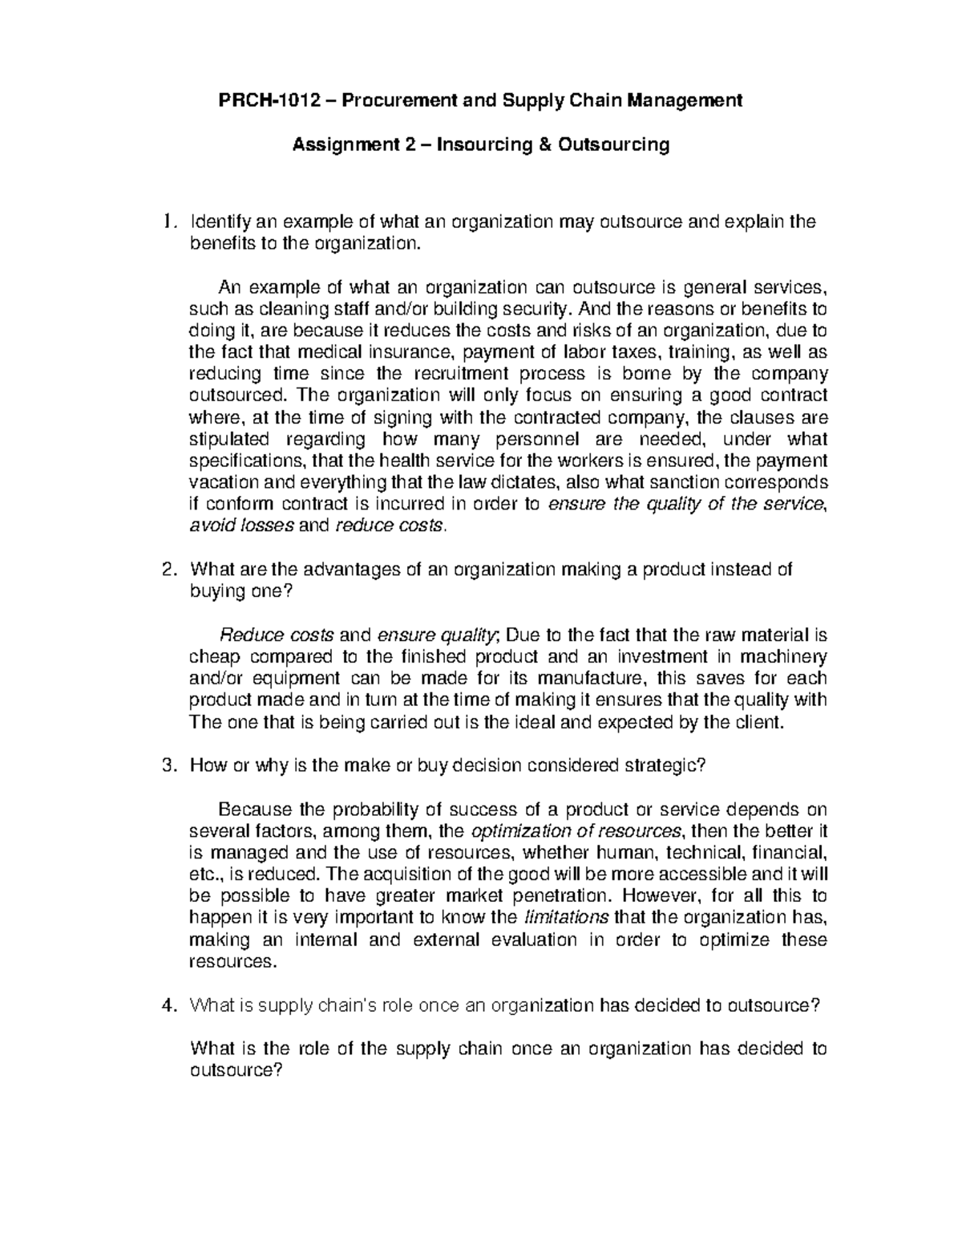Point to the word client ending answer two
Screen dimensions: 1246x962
click(757, 722)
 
